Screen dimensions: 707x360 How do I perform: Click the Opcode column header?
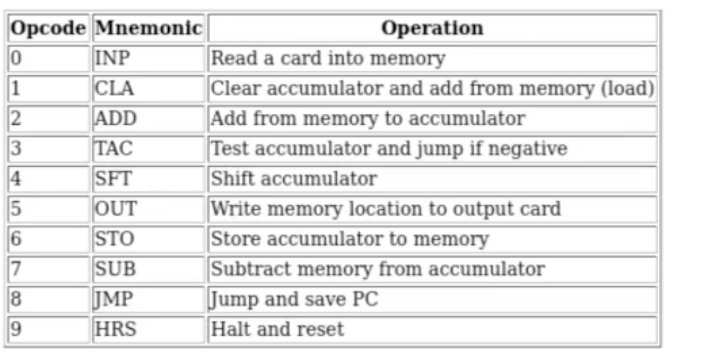pyautogui.click(x=48, y=28)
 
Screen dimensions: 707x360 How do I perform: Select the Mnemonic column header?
pyautogui.click(x=148, y=28)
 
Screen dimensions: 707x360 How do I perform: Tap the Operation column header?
pyautogui.click(x=432, y=28)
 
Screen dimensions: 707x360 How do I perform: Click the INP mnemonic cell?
pyautogui.click(x=112, y=58)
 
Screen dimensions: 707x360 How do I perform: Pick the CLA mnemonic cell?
pyautogui.click(x=114, y=88)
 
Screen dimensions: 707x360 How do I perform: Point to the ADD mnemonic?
pyautogui.click(x=115, y=118)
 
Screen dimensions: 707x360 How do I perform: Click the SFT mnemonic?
pyautogui.click(x=113, y=179)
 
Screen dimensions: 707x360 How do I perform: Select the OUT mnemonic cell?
pyautogui.click(x=116, y=209)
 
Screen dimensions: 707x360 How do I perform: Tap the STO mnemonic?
pyautogui.click(x=115, y=239)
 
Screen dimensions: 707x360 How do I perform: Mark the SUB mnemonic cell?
pyautogui.click(x=115, y=269)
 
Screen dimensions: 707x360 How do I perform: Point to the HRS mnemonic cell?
pyautogui.click(x=115, y=329)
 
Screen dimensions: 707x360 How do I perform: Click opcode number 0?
pyautogui.click(x=16, y=58)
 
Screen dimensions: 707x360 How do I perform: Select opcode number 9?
pyautogui.click(x=16, y=329)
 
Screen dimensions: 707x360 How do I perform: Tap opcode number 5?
pyautogui.click(x=16, y=209)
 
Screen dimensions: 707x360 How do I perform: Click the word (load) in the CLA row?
pyautogui.click(x=627, y=89)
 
